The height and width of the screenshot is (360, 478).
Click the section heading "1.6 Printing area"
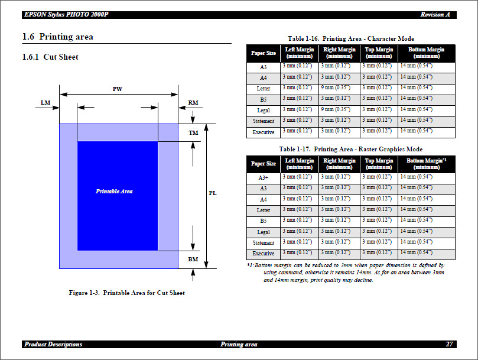[58, 37]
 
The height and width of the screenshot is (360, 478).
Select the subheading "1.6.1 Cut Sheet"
[50, 57]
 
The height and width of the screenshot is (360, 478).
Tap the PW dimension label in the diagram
[118, 89]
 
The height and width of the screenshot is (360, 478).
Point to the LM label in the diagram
[45, 103]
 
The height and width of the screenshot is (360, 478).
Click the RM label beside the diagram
[193, 103]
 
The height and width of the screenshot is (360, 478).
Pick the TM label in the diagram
[193, 133]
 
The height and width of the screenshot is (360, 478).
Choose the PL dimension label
[213, 193]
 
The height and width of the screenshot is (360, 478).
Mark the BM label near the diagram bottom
[193, 260]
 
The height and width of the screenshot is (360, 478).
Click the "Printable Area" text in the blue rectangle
[114, 192]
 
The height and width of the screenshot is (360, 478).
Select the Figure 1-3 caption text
[126, 293]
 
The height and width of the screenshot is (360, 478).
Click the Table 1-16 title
[350, 38]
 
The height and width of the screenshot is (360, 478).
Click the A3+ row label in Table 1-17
[264, 177]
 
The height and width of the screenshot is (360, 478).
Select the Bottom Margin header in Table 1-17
[426, 164]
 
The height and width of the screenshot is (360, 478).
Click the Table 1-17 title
[350, 149]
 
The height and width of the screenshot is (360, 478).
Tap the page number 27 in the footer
[449, 344]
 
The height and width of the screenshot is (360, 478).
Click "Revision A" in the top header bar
[435, 14]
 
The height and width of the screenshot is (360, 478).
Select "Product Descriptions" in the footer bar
[53, 344]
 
